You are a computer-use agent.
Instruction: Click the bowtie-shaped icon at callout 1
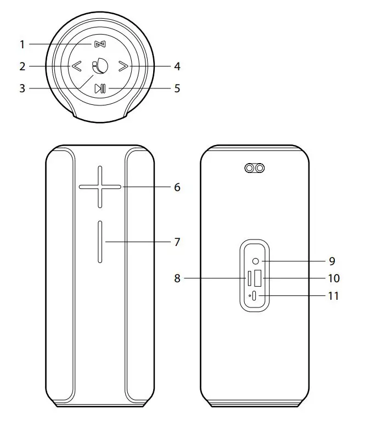[98, 44]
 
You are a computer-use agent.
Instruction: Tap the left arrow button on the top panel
[76, 67]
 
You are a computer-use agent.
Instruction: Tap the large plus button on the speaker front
[100, 187]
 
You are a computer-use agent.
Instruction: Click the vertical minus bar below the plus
[100, 242]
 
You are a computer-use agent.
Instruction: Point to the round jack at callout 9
[257, 261]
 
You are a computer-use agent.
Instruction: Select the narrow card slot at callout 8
[249, 278]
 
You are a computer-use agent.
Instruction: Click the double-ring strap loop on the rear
[254, 168]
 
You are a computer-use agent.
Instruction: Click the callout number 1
[23, 44]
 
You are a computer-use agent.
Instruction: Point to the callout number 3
[23, 88]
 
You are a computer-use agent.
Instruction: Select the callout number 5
[177, 88]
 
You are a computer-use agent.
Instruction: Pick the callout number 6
[177, 187]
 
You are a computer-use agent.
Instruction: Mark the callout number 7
[177, 242]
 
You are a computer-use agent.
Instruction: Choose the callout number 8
[177, 278]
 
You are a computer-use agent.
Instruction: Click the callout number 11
[333, 296]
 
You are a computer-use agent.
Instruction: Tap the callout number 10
[333, 278]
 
